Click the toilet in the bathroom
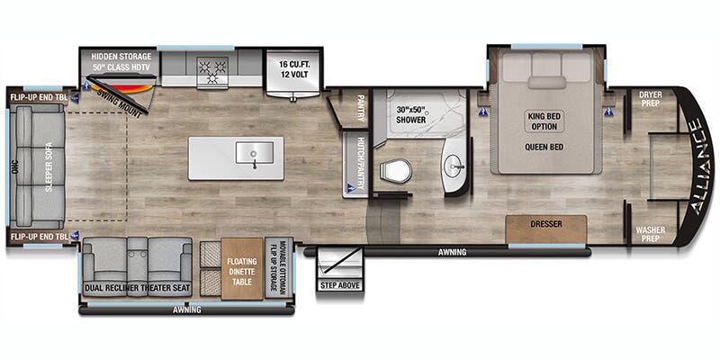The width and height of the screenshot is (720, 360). [x=396, y=169]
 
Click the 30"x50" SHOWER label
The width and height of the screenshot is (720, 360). [x=415, y=115]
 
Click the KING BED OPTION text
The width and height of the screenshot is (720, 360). [x=546, y=121]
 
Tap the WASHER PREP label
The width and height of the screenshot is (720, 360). [x=651, y=233]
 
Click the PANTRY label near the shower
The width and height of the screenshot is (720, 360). [x=360, y=105]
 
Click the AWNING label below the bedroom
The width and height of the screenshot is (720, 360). [x=453, y=252]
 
